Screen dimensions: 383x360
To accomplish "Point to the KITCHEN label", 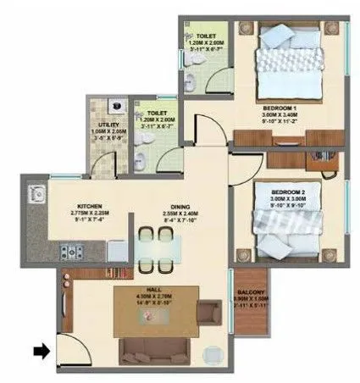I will [x=91, y=206].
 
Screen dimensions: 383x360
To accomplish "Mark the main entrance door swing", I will [x=69, y=347].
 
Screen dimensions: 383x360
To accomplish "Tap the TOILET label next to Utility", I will [x=156, y=113].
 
